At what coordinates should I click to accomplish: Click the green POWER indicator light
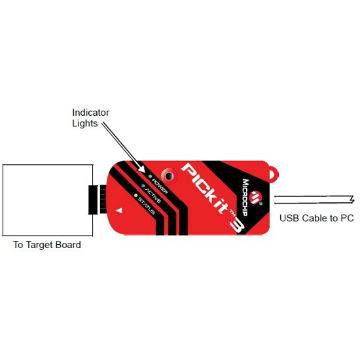(x=150, y=176)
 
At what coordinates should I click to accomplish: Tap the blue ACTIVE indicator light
(x=143, y=186)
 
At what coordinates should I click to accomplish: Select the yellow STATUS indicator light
(x=135, y=196)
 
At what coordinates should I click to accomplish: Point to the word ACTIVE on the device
(x=153, y=196)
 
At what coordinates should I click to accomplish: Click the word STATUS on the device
(x=146, y=206)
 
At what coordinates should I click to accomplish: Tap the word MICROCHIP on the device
(x=245, y=198)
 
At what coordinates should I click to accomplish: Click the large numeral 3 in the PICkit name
(x=237, y=226)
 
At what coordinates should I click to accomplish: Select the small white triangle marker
(x=119, y=210)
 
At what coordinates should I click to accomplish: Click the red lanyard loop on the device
(x=273, y=174)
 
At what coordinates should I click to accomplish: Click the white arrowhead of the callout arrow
(x=141, y=169)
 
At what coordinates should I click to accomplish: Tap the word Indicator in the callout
(x=91, y=113)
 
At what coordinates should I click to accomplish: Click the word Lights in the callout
(x=84, y=123)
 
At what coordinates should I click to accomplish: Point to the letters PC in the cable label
(x=347, y=218)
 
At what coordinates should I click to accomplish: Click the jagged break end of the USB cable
(x=351, y=199)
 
